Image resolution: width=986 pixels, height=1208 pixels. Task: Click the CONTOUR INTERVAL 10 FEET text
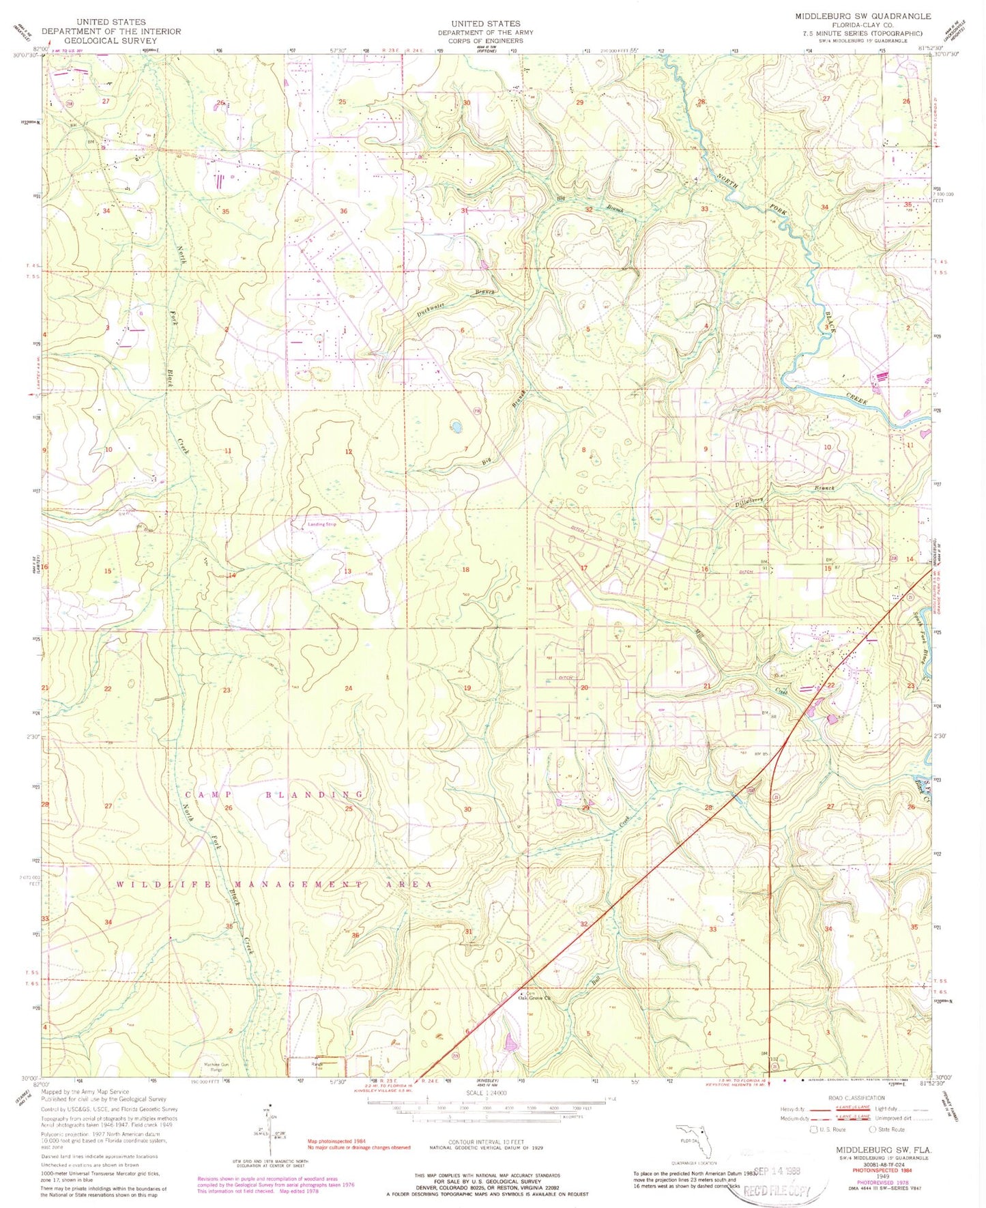pos(486,1142)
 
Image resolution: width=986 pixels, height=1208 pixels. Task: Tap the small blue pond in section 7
pos(455,428)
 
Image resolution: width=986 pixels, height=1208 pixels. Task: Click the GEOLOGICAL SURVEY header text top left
pos(111,40)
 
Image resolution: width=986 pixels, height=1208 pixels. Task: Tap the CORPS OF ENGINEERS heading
pos(485,40)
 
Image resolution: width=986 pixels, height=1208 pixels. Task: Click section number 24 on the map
pos(349,688)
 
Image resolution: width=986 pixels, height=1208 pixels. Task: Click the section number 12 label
pos(349,452)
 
